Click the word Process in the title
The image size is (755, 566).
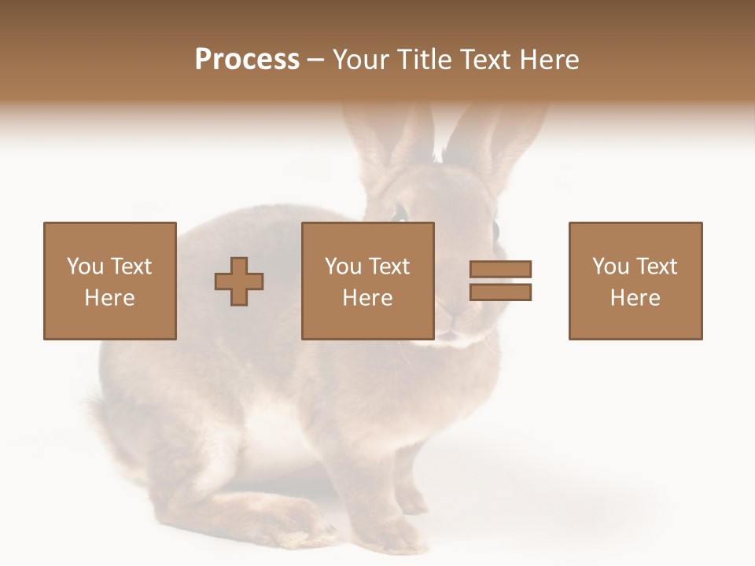247,60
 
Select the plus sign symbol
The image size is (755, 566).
239,281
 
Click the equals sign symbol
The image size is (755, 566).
501,281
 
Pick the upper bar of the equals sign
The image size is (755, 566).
501,270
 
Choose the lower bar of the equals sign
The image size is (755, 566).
501,292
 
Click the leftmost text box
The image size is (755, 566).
109,281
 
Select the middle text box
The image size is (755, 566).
367,281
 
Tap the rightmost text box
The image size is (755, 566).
635,281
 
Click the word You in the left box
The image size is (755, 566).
85,266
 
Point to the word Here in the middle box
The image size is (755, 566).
367,298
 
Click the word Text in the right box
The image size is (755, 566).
656,266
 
